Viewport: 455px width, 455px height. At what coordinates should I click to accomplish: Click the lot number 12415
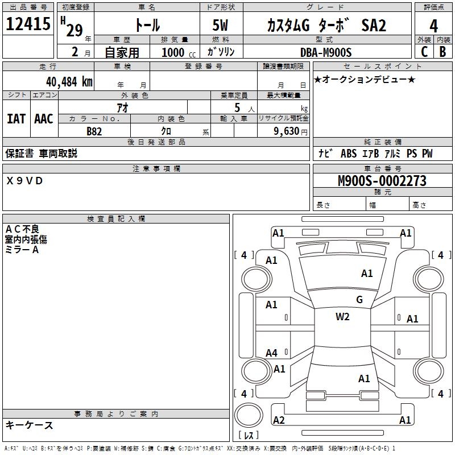click(28, 24)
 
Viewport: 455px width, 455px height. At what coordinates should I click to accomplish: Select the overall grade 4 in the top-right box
click(433, 26)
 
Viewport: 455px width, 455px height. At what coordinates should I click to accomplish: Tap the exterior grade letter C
click(424, 52)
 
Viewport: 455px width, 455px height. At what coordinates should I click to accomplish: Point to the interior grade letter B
click(442, 52)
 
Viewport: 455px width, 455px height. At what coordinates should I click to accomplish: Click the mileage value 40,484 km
click(69, 82)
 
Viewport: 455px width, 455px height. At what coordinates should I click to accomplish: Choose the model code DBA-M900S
click(326, 52)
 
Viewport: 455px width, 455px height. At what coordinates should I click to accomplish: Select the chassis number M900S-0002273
click(382, 181)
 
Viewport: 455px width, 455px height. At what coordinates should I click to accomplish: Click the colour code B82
click(94, 131)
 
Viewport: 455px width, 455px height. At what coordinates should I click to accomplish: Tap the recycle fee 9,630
click(287, 131)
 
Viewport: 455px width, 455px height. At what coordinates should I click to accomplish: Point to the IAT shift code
click(16, 119)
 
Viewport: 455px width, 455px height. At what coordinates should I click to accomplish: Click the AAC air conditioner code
click(44, 119)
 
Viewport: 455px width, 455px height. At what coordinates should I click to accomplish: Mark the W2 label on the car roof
click(342, 317)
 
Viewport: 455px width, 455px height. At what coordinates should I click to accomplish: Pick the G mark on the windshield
click(359, 300)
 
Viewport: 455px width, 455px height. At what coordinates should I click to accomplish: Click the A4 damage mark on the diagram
click(271, 353)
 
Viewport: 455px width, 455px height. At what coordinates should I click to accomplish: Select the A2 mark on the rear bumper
click(279, 420)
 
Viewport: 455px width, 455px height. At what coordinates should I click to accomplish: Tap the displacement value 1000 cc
click(179, 52)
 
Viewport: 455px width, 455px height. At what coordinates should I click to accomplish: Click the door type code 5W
click(220, 25)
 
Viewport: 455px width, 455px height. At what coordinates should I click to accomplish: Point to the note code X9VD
click(24, 181)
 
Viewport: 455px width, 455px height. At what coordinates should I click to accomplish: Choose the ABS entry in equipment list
click(349, 154)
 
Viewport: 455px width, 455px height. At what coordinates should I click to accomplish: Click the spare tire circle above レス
click(249, 415)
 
